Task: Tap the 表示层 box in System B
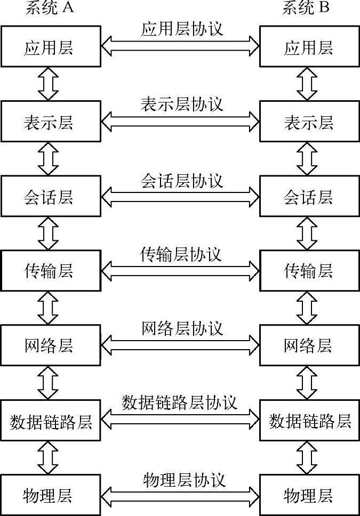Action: [309, 123]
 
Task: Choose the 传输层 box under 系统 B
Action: [309, 271]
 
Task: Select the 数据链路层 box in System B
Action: [310, 421]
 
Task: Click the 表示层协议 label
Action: [181, 103]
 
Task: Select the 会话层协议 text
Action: [181, 180]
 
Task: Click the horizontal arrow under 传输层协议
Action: [181, 271]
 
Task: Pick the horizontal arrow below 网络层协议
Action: [181, 346]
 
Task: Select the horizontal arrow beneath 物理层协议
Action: [181, 495]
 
